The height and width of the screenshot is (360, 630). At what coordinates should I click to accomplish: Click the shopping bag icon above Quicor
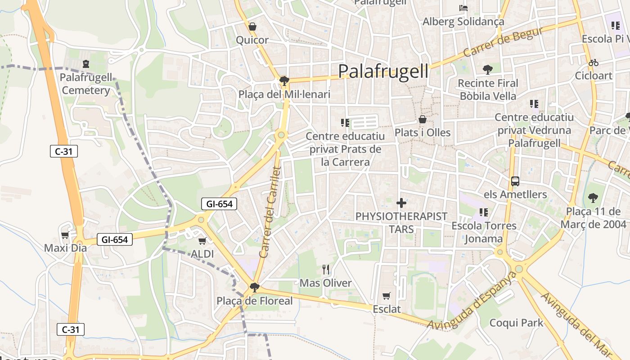[x=252, y=27]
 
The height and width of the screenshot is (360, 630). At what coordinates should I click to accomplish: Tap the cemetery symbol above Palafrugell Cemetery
[x=86, y=64]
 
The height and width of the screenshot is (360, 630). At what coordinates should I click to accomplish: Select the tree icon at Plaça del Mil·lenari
[x=284, y=81]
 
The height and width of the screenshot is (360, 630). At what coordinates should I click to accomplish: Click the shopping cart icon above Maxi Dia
[x=65, y=235]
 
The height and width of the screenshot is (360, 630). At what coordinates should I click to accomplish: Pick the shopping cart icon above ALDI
[x=202, y=241]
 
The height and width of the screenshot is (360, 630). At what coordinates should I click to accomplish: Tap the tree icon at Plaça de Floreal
[x=255, y=287]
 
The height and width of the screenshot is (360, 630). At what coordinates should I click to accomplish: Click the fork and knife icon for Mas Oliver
[x=326, y=270]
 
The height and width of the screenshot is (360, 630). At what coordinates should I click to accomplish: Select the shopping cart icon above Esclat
[x=386, y=296]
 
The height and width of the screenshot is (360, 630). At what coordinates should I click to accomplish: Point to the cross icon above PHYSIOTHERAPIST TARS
[x=401, y=203]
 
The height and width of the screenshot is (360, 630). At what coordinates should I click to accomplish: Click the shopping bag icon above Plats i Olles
[x=423, y=119]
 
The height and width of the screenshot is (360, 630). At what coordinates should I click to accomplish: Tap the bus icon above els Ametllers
[x=515, y=181]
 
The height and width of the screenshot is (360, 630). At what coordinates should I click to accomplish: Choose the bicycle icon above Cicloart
[x=594, y=63]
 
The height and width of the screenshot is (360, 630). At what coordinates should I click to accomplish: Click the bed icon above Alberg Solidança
[x=463, y=8]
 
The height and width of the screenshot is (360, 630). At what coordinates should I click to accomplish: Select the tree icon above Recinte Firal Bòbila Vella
[x=488, y=70]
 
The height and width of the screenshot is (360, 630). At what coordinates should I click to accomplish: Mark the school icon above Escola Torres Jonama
[x=484, y=212]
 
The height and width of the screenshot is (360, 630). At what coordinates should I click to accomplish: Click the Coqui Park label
[x=516, y=323]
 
